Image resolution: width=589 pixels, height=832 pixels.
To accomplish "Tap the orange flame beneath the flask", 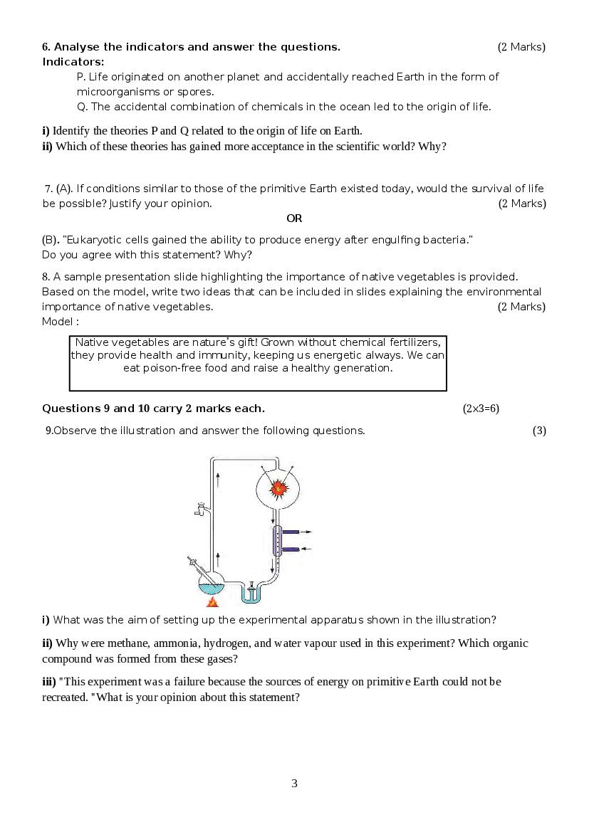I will [x=212, y=602].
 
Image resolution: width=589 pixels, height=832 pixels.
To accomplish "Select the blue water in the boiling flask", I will [x=210, y=588].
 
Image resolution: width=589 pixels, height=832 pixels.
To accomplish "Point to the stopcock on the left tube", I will [x=200, y=509].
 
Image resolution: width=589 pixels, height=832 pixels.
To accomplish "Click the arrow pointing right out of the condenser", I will [x=304, y=532].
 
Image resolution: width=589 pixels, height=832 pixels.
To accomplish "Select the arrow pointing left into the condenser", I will [x=306, y=549].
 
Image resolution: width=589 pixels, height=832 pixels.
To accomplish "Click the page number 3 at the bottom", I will [x=294, y=784].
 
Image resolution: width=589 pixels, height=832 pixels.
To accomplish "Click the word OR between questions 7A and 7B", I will [x=294, y=218].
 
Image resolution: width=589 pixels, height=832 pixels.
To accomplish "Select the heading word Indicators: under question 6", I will [x=73, y=62].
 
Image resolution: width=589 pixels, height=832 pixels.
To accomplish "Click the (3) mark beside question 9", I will [x=539, y=431].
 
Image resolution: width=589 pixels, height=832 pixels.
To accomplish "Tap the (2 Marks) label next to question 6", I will [x=521, y=47].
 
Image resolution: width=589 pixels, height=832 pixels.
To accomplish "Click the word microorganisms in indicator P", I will [x=113, y=92].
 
